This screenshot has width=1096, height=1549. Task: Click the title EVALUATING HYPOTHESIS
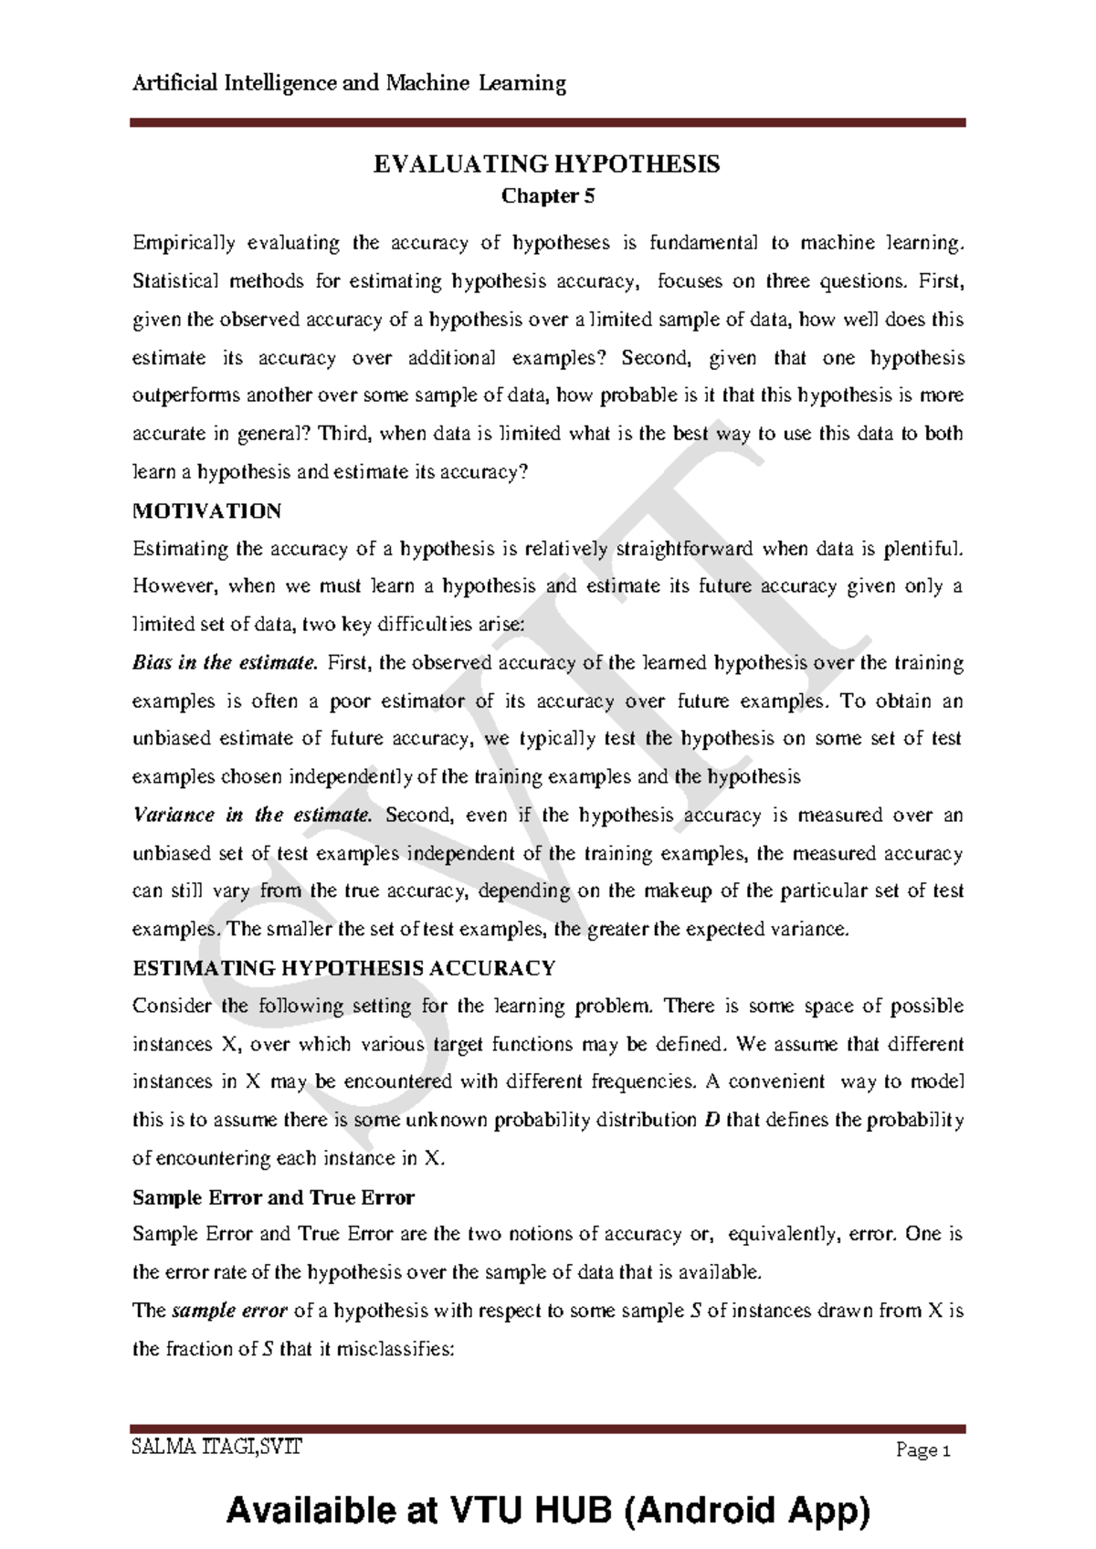(546, 164)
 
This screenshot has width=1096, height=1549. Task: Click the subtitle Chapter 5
(548, 195)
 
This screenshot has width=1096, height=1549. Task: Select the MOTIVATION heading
(206, 511)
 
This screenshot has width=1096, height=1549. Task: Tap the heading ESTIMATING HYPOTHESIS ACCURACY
(343, 967)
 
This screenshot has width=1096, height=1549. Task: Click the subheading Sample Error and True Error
(273, 1196)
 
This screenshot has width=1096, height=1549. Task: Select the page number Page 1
(923, 1450)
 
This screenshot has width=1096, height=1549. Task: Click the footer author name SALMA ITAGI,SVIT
(216, 1447)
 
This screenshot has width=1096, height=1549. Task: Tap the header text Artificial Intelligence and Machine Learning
(349, 83)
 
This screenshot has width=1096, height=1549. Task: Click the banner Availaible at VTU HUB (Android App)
(548, 1510)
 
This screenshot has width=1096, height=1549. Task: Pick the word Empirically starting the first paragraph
(184, 243)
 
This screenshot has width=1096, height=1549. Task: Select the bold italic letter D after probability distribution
(713, 1120)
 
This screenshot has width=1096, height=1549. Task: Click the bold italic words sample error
(229, 1311)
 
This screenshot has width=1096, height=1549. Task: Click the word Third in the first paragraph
(341, 434)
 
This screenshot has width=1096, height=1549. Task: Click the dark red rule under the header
(548, 121)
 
